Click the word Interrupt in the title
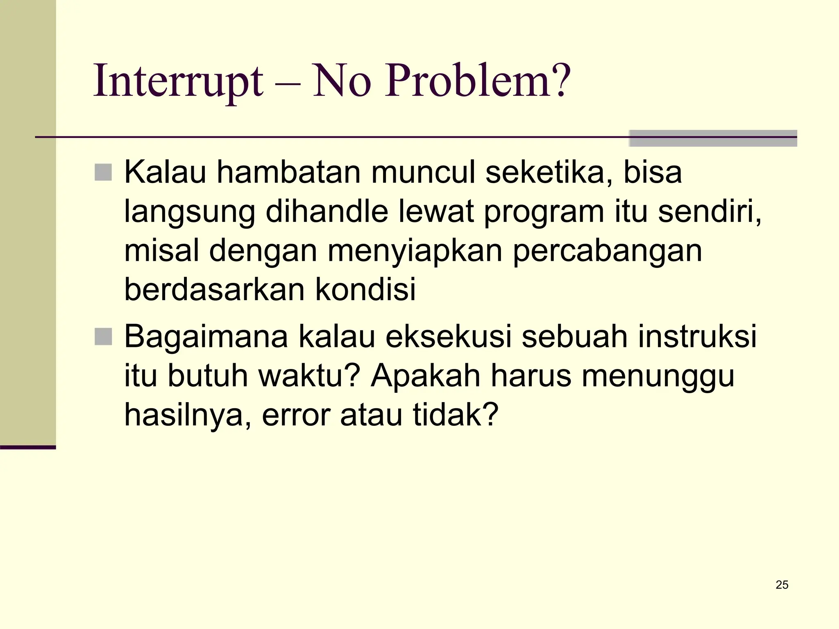[x=178, y=81]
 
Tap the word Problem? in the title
[x=477, y=81]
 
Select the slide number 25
[x=782, y=585]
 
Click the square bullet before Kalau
[x=103, y=172]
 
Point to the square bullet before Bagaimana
[x=103, y=337]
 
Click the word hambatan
[x=288, y=172]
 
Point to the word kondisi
[x=365, y=290]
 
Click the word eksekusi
[x=449, y=337]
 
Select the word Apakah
[x=425, y=376]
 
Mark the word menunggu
[x=658, y=376]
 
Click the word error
[x=296, y=415]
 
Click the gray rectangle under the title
[x=713, y=138]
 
